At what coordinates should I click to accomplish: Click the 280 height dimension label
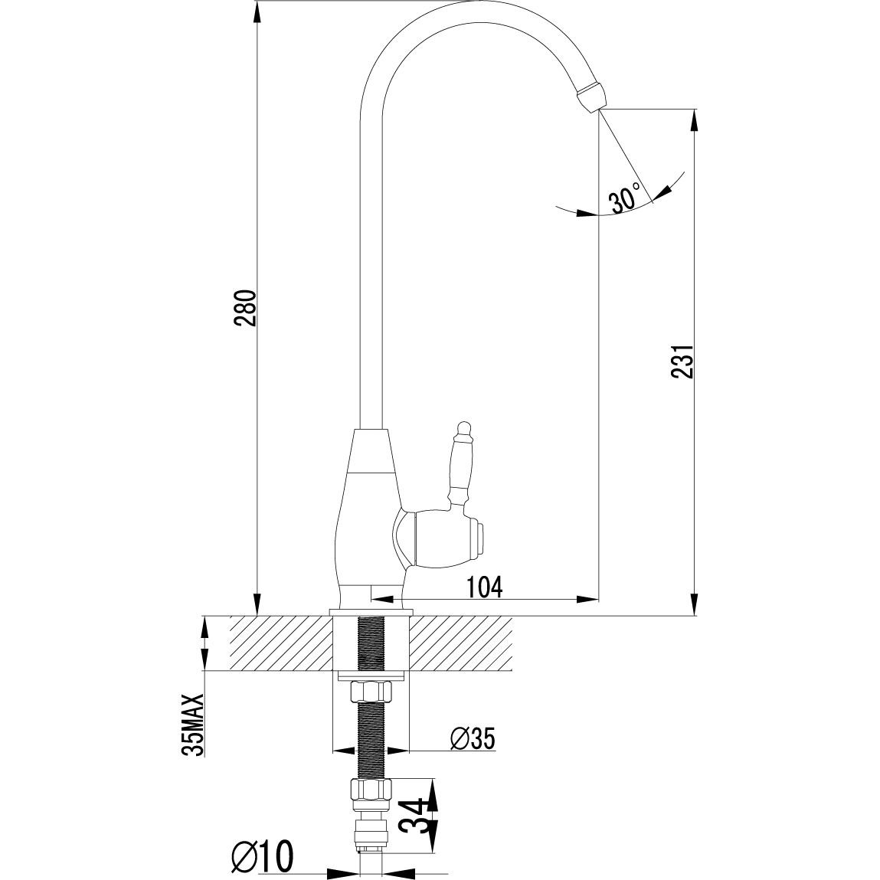pos(245,308)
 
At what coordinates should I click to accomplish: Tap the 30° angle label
pos(624,199)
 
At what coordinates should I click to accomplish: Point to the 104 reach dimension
pos(485,587)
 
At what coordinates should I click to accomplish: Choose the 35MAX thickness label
pos(194,725)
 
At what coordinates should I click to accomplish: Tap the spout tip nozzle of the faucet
pos(589,96)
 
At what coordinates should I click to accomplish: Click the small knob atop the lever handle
pos(462,425)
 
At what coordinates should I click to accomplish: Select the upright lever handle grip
pos(461,467)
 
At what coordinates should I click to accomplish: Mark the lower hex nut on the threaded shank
pos(371,790)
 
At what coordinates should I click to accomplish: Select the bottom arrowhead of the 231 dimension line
pos(695,605)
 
